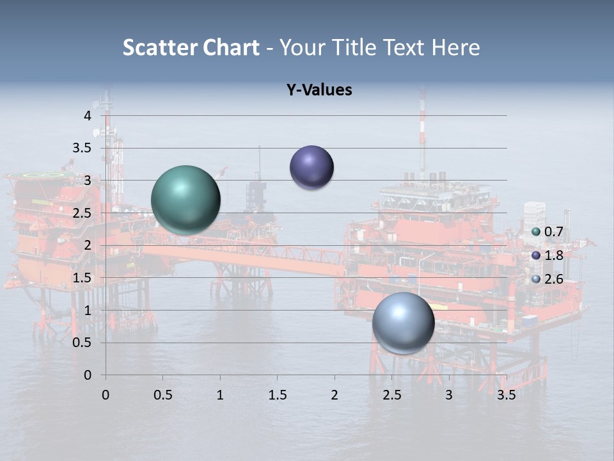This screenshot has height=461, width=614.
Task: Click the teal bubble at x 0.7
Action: pyautogui.click(x=185, y=200)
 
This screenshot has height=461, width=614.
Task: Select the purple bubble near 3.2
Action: pyautogui.click(x=311, y=168)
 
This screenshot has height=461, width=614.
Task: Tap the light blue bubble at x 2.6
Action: pyautogui.click(x=403, y=323)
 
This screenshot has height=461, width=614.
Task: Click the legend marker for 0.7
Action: pyautogui.click(x=536, y=232)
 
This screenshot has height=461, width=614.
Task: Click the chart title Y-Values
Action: pyautogui.click(x=319, y=90)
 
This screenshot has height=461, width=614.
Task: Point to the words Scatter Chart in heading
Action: pyautogui.click(x=191, y=47)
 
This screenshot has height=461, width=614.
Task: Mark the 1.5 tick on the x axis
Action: pyautogui.click(x=277, y=395)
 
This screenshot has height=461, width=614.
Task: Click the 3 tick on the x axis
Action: pyautogui.click(x=449, y=395)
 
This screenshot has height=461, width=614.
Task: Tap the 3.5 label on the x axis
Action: pyautogui.click(x=506, y=395)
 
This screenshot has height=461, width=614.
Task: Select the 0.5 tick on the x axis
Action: pyautogui.click(x=162, y=395)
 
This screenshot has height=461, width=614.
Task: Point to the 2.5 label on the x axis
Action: pyautogui.click(x=391, y=395)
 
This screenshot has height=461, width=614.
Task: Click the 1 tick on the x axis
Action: pyautogui.click(x=220, y=395)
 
